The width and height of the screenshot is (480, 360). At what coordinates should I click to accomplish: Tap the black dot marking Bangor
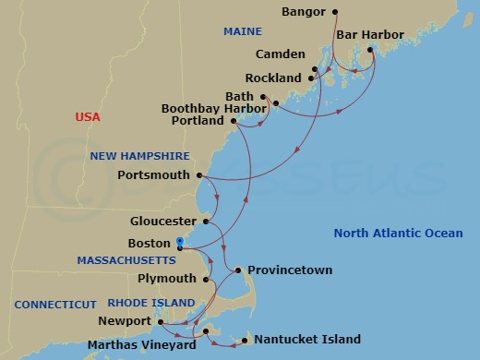click(x=334, y=12)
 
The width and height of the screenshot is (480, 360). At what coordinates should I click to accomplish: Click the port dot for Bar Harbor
click(x=372, y=50)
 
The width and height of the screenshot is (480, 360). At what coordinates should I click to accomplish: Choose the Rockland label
click(x=273, y=78)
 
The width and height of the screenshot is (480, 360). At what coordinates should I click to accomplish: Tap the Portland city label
click(x=198, y=121)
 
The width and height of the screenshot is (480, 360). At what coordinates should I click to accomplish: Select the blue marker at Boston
click(x=179, y=243)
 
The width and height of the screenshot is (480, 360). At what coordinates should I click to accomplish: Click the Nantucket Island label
click(x=307, y=340)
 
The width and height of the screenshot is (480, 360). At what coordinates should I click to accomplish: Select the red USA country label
click(x=88, y=117)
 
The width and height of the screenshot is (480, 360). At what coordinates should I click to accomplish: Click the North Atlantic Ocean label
click(x=399, y=234)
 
